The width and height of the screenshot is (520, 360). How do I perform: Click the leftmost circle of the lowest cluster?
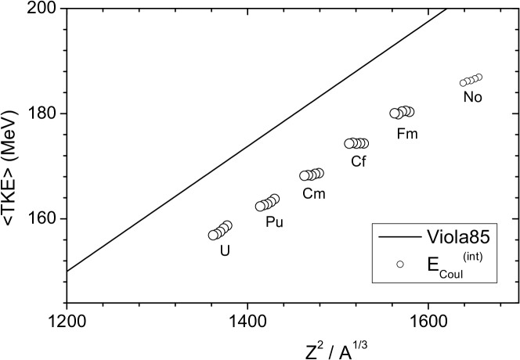click(x=213, y=235)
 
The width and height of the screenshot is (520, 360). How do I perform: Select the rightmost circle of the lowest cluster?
click(x=227, y=225)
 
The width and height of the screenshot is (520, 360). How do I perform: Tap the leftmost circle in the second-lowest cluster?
click(x=260, y=207)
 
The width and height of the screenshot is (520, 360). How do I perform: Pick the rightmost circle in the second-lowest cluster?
click(x=274, y=199)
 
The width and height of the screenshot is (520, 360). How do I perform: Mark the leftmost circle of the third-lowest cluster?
click(x=305, y=175)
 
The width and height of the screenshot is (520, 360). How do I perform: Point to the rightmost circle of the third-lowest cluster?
click(x=319, y=173)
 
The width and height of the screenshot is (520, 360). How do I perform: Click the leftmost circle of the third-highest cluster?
click(x=349, y=143)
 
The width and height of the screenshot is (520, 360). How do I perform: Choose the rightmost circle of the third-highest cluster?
click(x=363, y=143)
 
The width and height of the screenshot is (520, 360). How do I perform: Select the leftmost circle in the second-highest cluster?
click(x=395, y=113)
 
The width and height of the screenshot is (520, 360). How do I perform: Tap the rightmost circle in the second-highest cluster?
click(x=409, y=111)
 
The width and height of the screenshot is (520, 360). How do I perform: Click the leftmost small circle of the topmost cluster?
click(x=463, y=82)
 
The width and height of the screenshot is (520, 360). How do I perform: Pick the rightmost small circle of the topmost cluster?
click(x=478, y=77)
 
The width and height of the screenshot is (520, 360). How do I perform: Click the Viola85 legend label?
click(x=458, y=236)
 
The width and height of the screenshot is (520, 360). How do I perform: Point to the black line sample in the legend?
click(x=399, y=236)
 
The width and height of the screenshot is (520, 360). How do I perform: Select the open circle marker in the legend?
click(x=399, y=265)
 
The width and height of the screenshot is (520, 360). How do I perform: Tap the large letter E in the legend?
click(x=433, y=264)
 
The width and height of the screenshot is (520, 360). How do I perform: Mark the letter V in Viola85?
click(x=432, y=236)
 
